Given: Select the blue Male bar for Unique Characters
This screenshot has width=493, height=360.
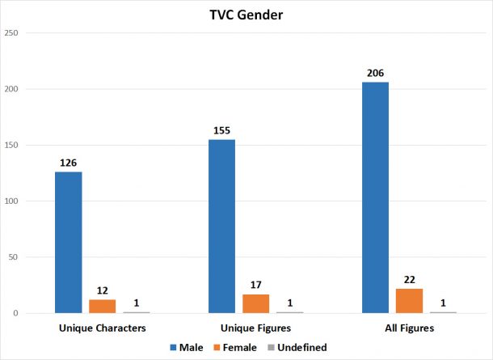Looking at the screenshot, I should pos(69,242).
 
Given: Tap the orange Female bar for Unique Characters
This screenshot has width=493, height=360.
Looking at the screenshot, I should pos(103,306).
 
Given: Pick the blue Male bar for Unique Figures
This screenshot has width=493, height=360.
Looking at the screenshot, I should pos(221,226).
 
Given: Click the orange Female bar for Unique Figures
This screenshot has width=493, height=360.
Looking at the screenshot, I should pos(255,303).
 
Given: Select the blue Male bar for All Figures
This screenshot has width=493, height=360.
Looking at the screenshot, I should pos(375,197).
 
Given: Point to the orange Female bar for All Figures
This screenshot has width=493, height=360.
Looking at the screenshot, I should pos(409,300).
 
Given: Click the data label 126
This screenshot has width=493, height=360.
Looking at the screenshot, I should pos(69,163).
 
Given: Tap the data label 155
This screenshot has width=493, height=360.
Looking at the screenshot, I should pos(221,131).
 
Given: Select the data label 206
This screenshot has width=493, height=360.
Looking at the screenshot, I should pos(375,74).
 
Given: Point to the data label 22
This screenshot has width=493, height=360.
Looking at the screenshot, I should pos(409,280).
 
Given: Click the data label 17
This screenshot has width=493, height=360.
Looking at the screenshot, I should pos(255,286).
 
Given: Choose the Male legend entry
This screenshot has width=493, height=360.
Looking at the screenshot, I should pos(189,348).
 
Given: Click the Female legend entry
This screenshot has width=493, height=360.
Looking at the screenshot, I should pos(236,348).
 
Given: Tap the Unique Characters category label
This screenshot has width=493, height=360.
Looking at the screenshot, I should pos(103,328).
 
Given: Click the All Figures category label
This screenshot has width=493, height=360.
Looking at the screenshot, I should pos(409,328).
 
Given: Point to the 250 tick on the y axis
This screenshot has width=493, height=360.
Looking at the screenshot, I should pos(11,33).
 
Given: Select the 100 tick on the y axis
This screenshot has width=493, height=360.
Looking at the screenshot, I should pos(11,201).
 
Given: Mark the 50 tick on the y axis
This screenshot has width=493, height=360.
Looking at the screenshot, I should pos(14,257).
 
